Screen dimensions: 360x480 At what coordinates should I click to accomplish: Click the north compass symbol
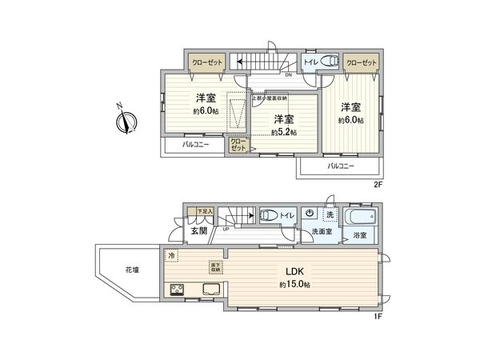126,122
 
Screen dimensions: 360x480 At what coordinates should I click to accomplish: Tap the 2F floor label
379,183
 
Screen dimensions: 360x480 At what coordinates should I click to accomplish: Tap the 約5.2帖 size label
283,132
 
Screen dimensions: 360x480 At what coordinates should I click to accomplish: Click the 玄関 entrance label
198,231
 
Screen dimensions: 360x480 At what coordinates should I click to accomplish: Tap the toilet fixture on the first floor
270,215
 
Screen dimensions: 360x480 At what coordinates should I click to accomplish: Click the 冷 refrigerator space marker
172,255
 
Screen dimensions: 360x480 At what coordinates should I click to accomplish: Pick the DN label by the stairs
287,75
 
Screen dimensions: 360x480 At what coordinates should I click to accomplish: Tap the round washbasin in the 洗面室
310,214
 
